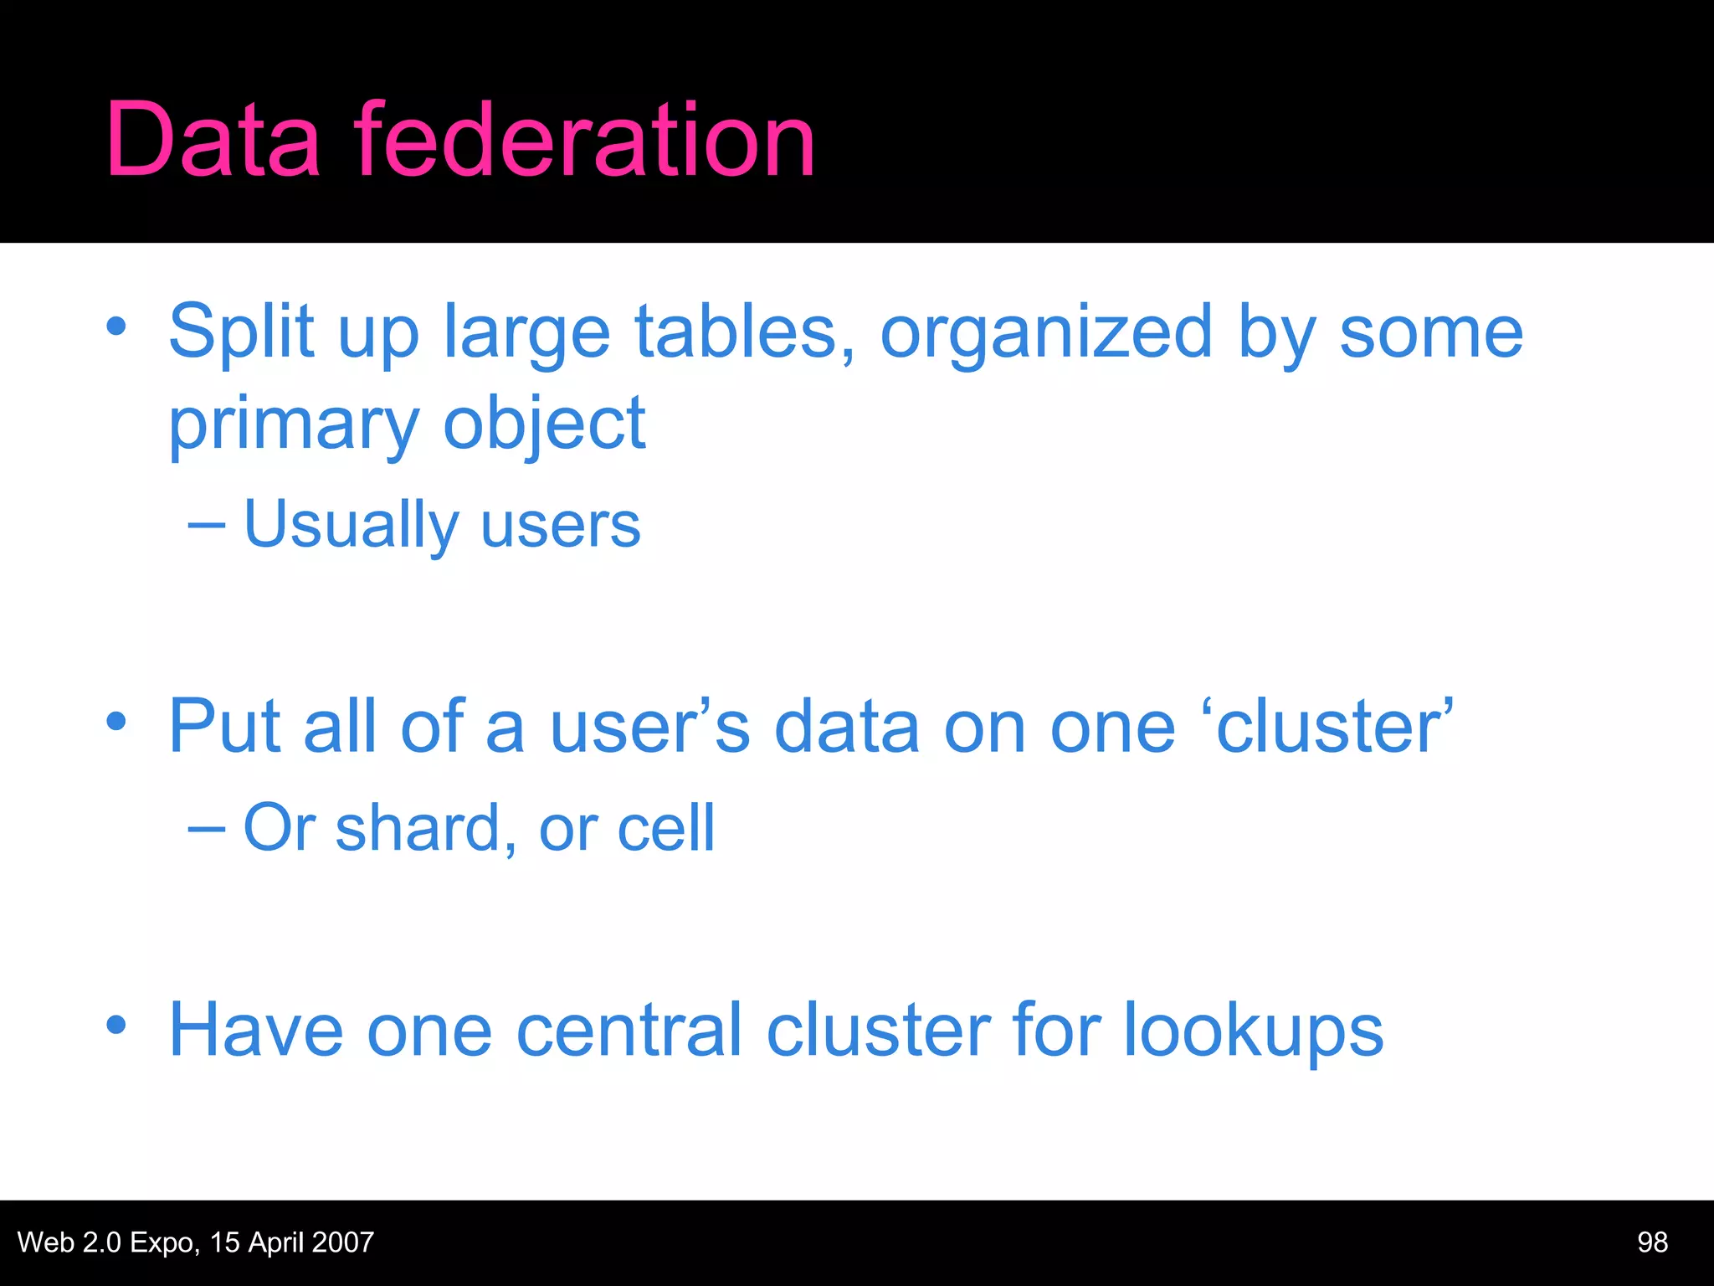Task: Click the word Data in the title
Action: [213, 140]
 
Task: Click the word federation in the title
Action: [584, 140]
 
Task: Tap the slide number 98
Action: [1652, 1242]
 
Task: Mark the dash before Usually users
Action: [206, 526]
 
